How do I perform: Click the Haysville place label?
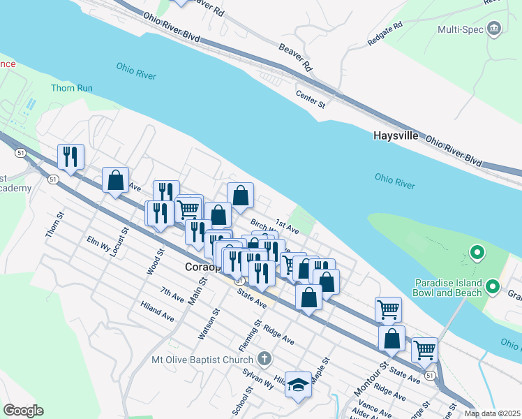[395, 135]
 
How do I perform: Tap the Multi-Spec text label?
[461, 29]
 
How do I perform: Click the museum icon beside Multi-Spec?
[495, 29]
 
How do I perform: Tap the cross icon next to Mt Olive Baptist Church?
[264, 360]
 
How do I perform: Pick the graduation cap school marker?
[298, 386]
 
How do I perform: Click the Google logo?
[23, 410]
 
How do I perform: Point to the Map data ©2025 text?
[491, 413]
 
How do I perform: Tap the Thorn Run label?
[71, 88]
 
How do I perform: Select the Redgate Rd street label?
[386, 35]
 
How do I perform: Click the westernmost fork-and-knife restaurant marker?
[70, 157]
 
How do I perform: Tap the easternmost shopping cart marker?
[424, 351]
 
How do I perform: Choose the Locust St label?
[119, 242]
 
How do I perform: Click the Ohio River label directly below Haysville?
[395, 182]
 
